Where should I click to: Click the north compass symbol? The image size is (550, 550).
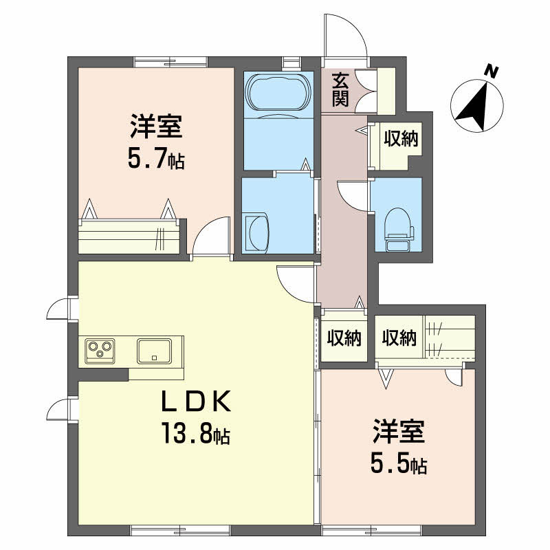(477, 107)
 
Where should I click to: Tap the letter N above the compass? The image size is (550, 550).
(490, 70)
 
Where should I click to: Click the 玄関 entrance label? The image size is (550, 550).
(340, 89)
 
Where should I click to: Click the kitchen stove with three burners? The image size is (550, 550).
(101, 351)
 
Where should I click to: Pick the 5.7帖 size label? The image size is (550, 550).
(155, 160)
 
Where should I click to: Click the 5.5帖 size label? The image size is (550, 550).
(399, 465)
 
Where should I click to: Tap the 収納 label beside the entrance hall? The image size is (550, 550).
(401, 140)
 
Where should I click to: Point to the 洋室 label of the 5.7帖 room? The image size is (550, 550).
(156, 128)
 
